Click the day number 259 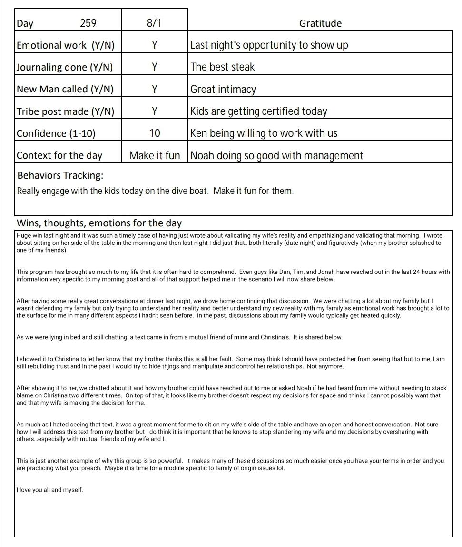(x=88, y=23)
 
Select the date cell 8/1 (x=155, y=23)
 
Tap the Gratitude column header (x=320, y=23)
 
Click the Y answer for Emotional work (x=155, y=45)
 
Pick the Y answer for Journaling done (x=155, y=67)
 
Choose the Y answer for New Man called (x=155, y=89)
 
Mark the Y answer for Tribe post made (x=155, y=111)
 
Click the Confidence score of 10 (x=155, y=133)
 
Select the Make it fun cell (x=155, y=155)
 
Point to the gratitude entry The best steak (x=223, y=67)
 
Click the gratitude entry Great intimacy (x=223, y=89)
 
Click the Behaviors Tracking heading (x=60, y=175)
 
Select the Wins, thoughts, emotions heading (x=99, y=223)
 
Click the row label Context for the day (x=59, y=155)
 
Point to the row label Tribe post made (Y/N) (x=65, y=111)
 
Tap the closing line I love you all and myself (x=49, y=489)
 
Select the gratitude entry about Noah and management (x=276, y=155)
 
